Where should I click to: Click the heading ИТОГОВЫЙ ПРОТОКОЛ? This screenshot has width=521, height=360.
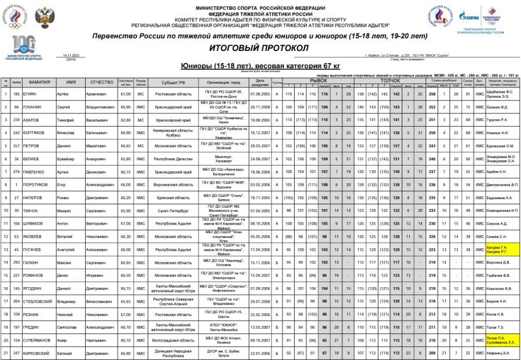point(260,47)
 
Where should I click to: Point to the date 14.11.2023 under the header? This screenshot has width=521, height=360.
point(71,56)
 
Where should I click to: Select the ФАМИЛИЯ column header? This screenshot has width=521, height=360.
point(40,82)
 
